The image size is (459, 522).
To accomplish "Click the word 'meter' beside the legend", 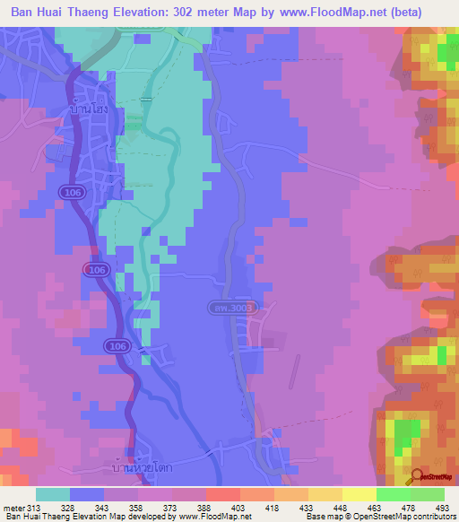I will click(15, 507).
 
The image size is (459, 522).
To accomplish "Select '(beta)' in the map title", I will click(424, 13).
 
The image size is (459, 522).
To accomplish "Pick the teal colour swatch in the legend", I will click(53, 494).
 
